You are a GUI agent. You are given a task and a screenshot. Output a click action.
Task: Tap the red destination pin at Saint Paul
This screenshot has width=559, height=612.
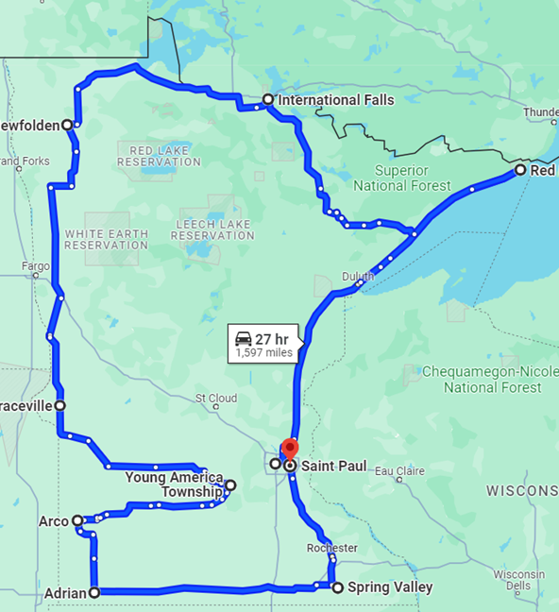tap(290, 449)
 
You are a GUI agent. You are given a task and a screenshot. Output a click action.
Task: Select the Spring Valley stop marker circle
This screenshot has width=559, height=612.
tap(337, 586)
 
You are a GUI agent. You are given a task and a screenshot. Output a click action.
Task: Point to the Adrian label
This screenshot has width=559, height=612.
tap(65, 593)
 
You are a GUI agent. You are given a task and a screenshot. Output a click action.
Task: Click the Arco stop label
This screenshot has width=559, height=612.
tap(53, 520)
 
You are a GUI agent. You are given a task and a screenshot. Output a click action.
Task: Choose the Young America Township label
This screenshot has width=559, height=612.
tap(174, 484)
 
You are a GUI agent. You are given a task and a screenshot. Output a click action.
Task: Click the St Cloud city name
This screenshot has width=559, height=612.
tap(216, 399)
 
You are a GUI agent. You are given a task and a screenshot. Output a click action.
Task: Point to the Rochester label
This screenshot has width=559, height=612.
tap(331, 548)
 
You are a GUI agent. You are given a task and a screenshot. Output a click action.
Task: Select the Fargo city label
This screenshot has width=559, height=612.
tap(36, 266)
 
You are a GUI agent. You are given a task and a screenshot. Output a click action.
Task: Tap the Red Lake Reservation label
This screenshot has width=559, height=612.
tap(159, 156)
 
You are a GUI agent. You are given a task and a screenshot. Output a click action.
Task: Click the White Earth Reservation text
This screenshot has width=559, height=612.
tap(106, 239)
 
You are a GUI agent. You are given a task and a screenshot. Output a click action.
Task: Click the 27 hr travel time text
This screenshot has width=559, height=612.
tap(271, 338)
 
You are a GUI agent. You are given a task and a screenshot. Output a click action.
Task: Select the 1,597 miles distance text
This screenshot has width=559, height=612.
tap(264, 353)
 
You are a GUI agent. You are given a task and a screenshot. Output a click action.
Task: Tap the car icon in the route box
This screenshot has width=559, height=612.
tap(243, 338)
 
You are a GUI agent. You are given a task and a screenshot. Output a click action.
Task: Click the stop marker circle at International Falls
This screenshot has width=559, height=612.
tap(268, 99)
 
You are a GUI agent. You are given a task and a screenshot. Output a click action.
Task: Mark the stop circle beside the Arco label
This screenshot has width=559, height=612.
tap(77, 519)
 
